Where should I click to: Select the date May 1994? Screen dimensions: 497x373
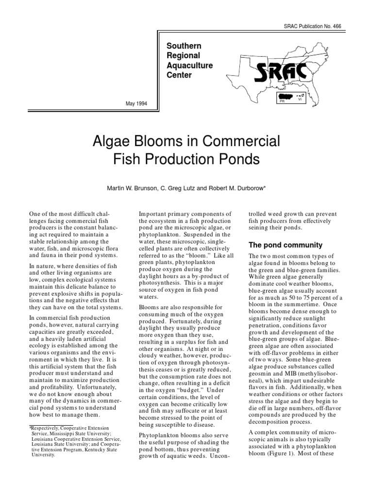(x=136, y=103)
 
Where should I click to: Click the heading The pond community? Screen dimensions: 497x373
(x=278, y=245)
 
